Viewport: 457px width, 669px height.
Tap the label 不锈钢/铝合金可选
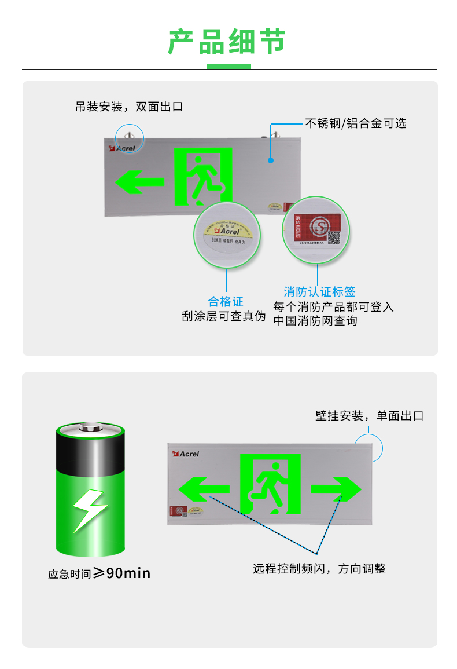pos(356,123)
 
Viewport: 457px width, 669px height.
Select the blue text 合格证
pos(226,301)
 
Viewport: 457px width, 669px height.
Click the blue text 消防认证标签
pos(319,291)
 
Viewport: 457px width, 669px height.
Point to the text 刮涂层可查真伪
pos(223,316)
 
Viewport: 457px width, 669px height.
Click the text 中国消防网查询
pos(315,320)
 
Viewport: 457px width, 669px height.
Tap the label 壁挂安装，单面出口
pos(369,416)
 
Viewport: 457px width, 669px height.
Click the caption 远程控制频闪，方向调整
pos(319,569)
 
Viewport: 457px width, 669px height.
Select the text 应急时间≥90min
pos(99,573)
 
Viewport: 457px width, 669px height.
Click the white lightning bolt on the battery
pos(89,510)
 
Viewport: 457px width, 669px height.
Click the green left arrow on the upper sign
pos(139,182)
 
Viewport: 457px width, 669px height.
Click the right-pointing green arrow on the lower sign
pos(336,489)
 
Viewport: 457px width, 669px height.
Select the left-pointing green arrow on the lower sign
pos(203,489)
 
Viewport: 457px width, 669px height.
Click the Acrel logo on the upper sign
pos(122,148)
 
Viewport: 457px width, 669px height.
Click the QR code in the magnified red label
pos(334,238)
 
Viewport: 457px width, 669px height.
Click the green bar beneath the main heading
pos(228,66)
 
